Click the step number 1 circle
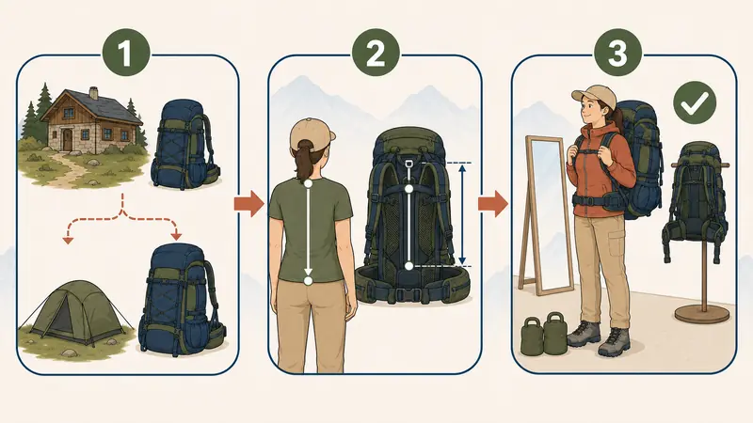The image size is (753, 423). click(x=125, y=52)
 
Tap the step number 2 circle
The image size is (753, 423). click(x=376, y=52)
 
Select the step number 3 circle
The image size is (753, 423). click(x=617, y=52)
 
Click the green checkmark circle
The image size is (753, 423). click(x=695, y=102)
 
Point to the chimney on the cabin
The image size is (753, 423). click(x=93, y=92)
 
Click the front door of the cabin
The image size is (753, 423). click(x=67, y=139)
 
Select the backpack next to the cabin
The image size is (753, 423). click(x=184, y=144)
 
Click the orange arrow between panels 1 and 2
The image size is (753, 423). click(x=248, y=203)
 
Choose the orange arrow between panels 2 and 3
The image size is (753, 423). click(x=492, y=203)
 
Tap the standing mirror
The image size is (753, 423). click(x=545, y=216)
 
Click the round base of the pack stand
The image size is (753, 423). click(x=702, y=315)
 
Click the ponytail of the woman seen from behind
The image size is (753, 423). click(x=303, y=161)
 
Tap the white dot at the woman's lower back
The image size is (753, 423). click(x=308, y=280)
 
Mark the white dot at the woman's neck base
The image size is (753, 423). click(x=308, y=183)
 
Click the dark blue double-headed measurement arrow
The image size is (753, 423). click(x=462, y=214)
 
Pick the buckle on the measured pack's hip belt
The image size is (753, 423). click(x=409, y=293)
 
